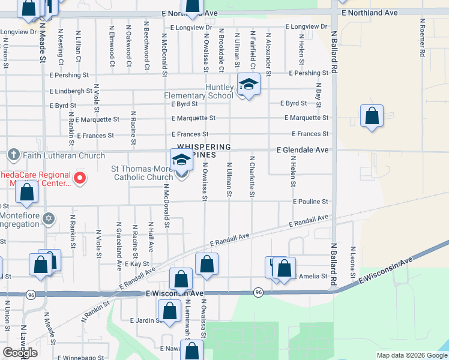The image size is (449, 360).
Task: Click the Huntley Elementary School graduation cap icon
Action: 248,85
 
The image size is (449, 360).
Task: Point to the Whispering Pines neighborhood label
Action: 203,151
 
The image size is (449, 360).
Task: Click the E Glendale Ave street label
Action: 303,150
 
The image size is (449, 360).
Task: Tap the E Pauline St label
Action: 310,202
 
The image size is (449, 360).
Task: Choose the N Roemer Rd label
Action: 423,38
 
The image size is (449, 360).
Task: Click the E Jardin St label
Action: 145,320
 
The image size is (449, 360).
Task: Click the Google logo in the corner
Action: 20,353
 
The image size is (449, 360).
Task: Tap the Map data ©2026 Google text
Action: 411,355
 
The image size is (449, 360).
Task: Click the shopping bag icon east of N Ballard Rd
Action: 372,115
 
